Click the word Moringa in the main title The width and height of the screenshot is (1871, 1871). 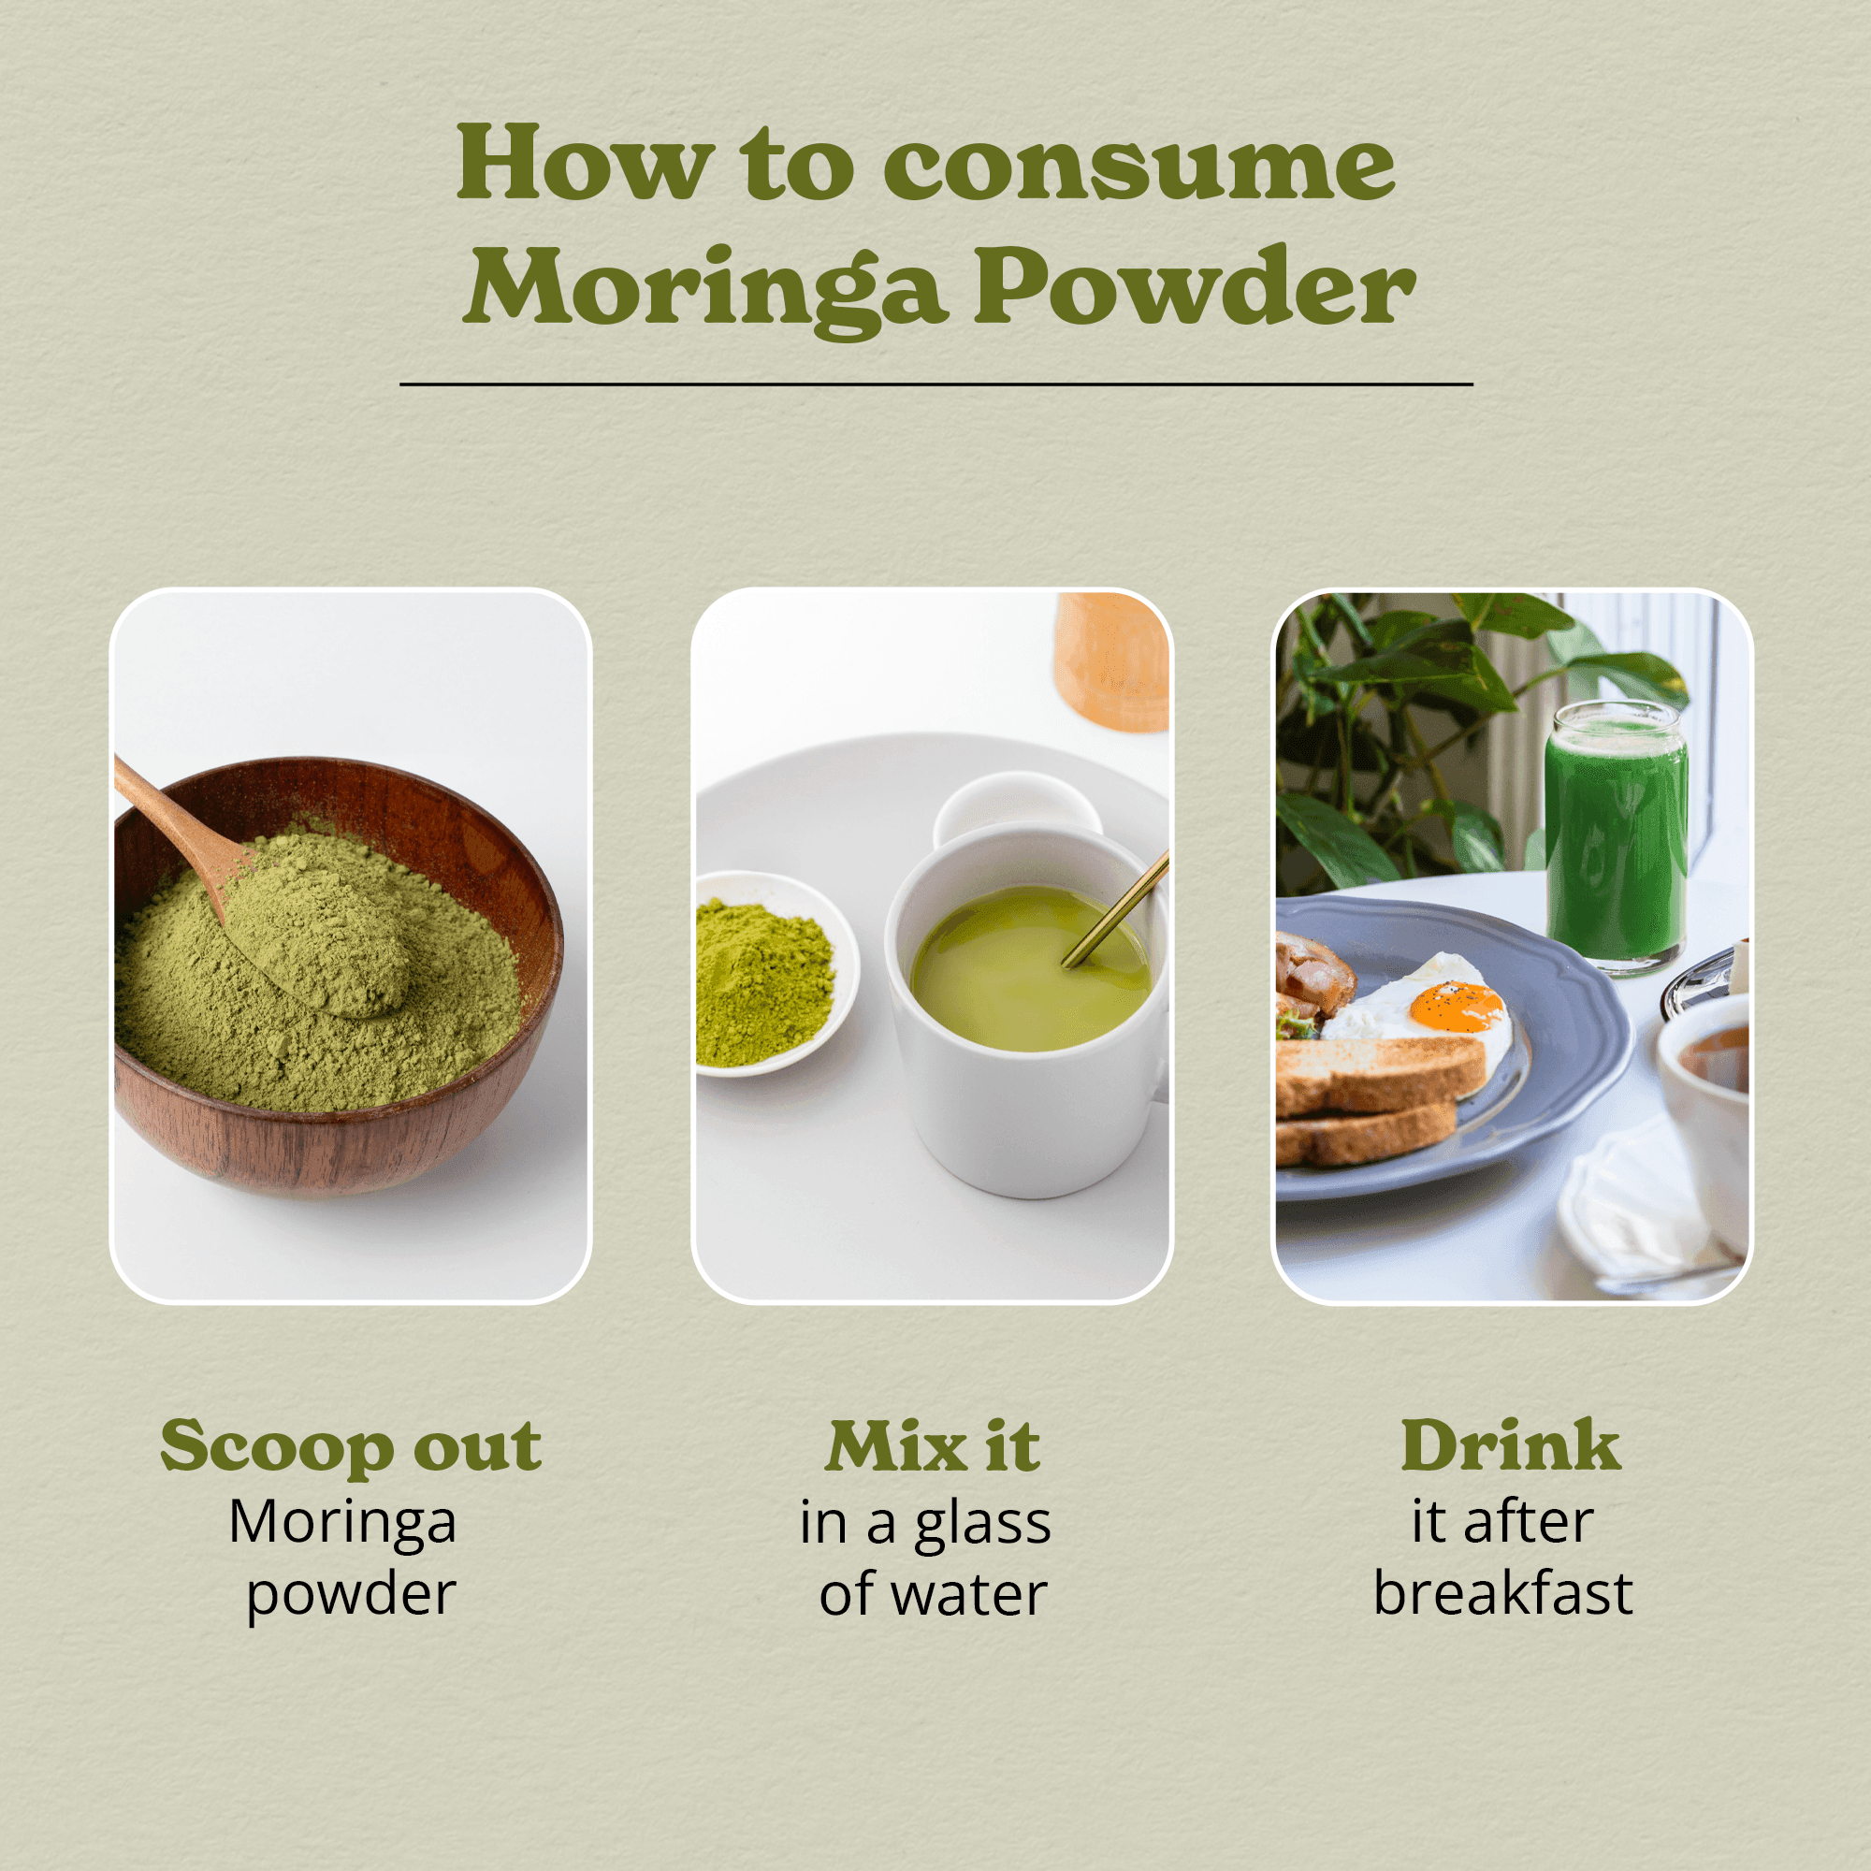tap(705, 288)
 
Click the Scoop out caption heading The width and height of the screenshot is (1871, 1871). tap(351, 1448)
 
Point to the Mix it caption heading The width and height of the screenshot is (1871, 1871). tap(934, 1447)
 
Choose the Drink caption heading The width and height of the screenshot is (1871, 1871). tap(1511, 1446)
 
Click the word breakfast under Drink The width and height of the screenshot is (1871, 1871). tap(1503, 1593)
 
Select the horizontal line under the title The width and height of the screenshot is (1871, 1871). tap(936, 384)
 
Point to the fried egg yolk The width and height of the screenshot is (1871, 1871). tap(1457, 1008)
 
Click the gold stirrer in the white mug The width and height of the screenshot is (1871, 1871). tap(1116, 909)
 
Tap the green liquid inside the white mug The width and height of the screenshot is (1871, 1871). tap(1030, 969)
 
